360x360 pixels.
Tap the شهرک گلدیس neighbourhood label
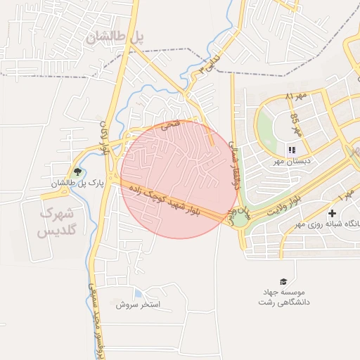click(x=60, y=220)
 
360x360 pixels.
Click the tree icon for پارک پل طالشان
click(x=77, y=171)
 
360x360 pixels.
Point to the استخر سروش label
click(x=139, y=305)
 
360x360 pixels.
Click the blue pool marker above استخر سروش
click(x=138, y=293)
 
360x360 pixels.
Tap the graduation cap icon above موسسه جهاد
click(x=283, y=281)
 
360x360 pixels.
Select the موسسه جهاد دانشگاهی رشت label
click(x=285, y=296)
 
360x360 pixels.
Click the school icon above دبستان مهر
click(x=292, y=149)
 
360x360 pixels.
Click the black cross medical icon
click(x=332, y=212)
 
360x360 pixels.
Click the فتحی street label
click(x=171, y=126)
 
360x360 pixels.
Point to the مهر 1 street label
click(x=348, y=194)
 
